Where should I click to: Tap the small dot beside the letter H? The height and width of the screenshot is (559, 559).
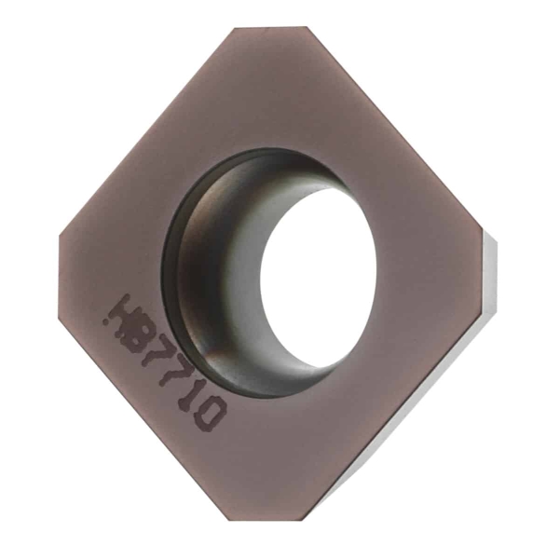click(x=105, y=321)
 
